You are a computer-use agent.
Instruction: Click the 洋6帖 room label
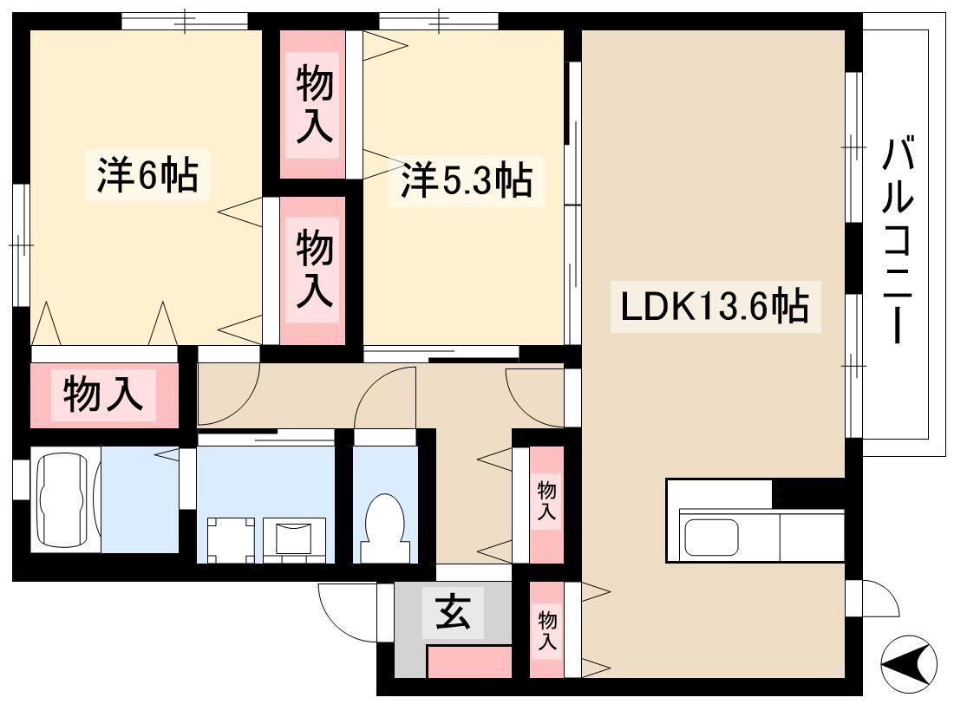[147, 175]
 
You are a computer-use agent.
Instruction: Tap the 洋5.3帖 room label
[467, 180]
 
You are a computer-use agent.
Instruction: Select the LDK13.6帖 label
[715, 306]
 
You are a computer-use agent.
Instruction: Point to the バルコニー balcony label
[898, 241]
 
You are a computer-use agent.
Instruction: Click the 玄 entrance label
[454, 610]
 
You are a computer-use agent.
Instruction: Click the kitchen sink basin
[710, 536]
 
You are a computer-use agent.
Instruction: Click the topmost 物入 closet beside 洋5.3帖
[313, 104]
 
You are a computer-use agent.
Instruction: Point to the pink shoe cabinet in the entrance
[469, 662]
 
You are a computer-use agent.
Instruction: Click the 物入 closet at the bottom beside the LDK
[546, 629]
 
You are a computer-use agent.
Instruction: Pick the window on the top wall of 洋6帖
[185, 22]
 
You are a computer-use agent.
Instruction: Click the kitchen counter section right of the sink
[812, 536]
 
